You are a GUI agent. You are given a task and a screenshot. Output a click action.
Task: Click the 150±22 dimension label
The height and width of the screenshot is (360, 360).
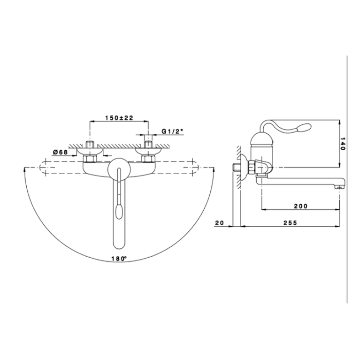(119, 118)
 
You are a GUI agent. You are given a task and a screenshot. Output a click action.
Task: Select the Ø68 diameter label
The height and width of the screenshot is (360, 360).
(61, 152)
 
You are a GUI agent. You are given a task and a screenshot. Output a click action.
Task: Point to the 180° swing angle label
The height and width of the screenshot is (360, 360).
(119, 258)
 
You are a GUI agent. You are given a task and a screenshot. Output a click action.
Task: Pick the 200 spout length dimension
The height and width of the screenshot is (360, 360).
(301, 206)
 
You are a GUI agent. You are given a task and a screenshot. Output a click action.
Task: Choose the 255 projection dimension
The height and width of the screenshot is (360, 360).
(290, 222)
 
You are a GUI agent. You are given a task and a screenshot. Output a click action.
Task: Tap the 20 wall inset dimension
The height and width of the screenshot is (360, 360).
(219, 222)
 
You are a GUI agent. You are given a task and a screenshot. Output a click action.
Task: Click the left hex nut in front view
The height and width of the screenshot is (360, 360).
(90, 159)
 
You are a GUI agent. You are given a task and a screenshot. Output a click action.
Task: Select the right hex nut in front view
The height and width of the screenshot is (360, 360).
(148, 159)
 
